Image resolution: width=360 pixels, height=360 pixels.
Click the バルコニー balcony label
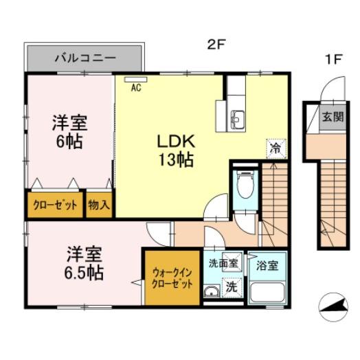(85, 59)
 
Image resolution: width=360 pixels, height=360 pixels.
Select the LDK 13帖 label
(177, 151)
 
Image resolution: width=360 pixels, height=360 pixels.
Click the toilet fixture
(244, 183)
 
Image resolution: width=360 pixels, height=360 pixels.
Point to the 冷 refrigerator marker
(274, 148)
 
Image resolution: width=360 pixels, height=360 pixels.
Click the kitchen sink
(238, 120)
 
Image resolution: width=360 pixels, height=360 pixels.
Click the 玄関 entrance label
(333, 116)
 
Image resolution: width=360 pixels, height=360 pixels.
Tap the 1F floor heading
(333, 59)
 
